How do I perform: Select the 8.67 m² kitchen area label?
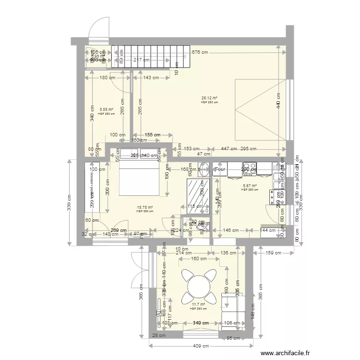coord(250,186)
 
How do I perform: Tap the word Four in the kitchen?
coord(220,169)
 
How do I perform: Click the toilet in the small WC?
coord(202,224)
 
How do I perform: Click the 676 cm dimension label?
coord(200,52)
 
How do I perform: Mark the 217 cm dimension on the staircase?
coord(142,60)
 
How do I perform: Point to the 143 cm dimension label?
coord(151,78)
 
